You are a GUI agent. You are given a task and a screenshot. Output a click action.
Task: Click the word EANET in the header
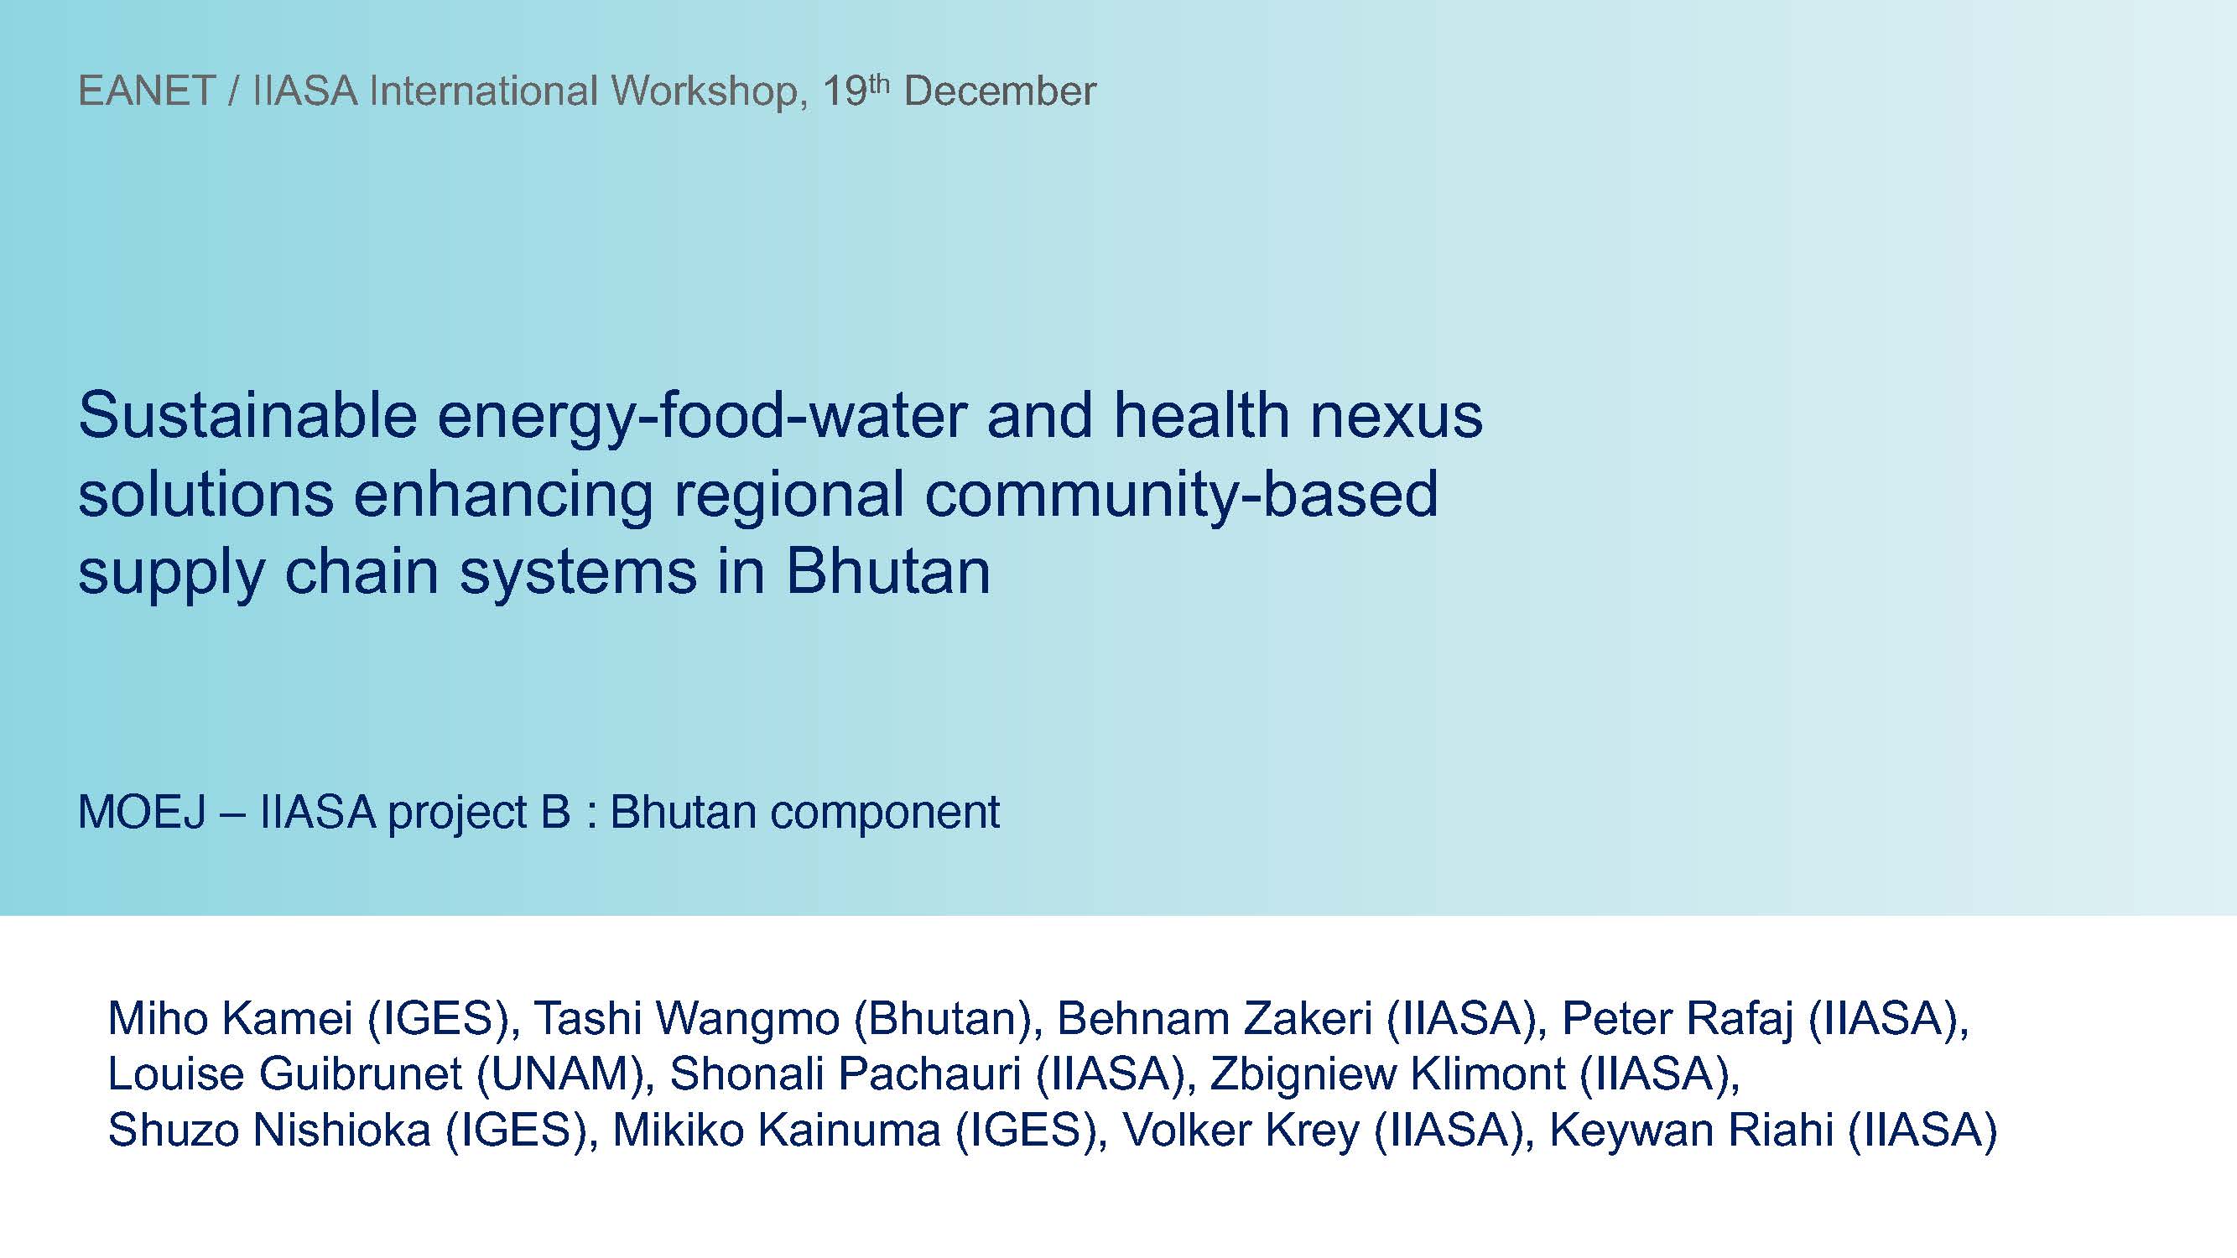147,91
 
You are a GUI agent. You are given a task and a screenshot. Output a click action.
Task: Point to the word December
1000,91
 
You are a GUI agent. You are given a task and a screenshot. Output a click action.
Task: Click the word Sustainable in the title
247,415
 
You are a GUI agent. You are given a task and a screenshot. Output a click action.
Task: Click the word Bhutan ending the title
887,571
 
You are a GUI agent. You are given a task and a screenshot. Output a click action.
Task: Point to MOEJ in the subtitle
143,813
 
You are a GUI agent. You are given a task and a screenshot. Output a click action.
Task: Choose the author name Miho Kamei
230,1018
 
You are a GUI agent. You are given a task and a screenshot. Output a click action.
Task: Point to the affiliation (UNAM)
565,1075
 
